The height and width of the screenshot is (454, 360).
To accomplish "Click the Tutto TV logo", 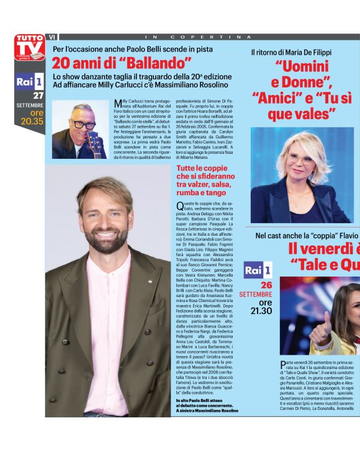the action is coord(30,47).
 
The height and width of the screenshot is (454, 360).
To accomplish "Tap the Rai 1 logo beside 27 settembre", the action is coord(30,81).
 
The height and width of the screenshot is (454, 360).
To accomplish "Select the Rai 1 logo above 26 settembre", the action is coord(257,270).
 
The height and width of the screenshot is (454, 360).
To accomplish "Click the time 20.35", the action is coord(32,122).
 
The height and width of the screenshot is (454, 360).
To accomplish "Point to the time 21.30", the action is coord(261,309).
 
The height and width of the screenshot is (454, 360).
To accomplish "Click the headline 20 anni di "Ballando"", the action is coord(122,63).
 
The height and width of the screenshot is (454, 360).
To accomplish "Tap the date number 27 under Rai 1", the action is coord(38,96).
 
